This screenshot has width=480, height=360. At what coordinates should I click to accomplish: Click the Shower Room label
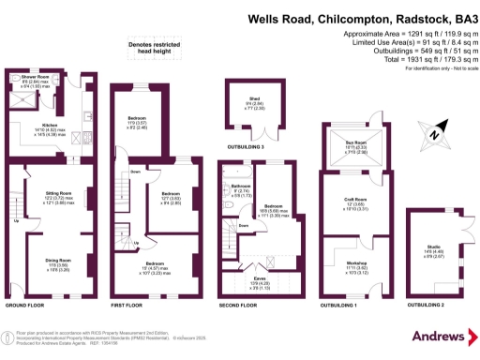tap(22, 76)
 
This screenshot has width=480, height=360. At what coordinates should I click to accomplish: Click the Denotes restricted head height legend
tap(159, 46)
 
